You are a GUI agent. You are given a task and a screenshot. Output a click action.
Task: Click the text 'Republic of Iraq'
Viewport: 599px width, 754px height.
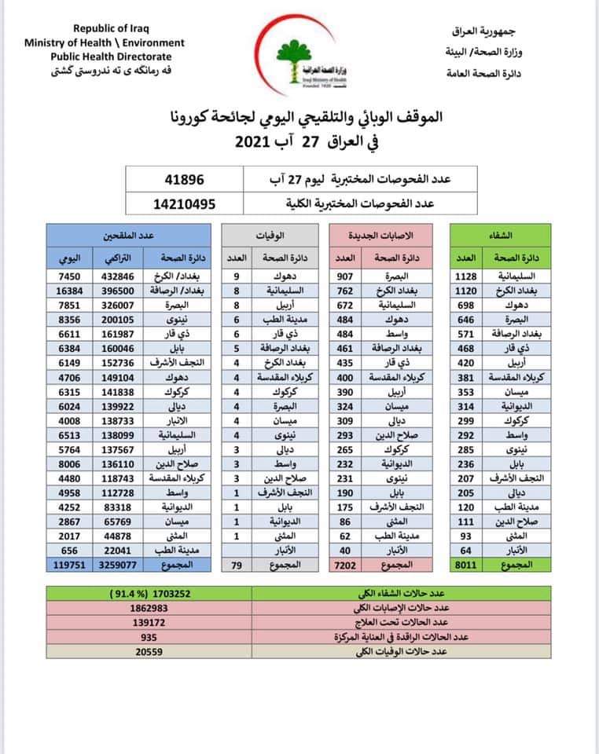[105, 29]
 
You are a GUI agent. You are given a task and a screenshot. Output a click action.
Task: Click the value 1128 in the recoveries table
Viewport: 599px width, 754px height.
[467, 276]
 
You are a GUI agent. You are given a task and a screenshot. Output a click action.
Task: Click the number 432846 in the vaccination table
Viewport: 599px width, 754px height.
[123, 276]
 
